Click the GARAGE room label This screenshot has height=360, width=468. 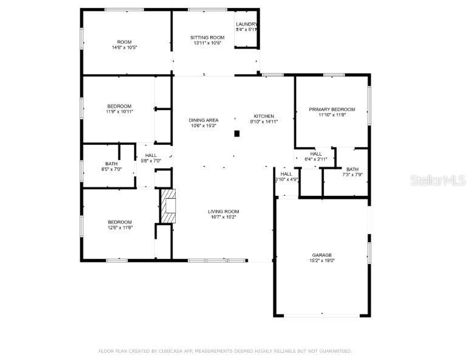click(322, 255)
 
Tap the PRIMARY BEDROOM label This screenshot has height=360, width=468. click(332, 109)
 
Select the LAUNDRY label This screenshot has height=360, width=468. click(246, 24)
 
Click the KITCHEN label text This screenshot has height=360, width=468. click(264, 116)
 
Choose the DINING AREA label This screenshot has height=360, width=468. click(204, 120)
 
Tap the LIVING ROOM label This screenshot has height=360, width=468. click(222, 211)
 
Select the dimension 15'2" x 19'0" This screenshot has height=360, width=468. click(322, 260)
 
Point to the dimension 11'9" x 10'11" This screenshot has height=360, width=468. click(119, 112)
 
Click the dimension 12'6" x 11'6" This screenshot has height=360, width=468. click(120, 227)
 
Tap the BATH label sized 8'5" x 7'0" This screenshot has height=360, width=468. click(111, 164)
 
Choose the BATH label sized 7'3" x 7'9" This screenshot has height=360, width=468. click(353, 169)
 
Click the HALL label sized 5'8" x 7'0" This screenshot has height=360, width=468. click(151, 156)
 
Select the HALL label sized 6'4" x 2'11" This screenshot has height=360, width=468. click(315, 154)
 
